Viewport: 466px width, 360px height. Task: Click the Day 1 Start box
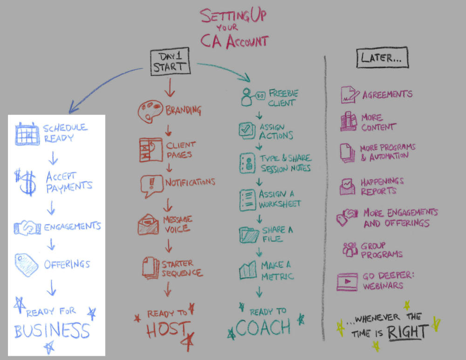(171, 62)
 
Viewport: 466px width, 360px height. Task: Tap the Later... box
(382, 59)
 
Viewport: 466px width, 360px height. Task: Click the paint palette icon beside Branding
(150, 111)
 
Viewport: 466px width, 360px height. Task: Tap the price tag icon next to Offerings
(27, 264)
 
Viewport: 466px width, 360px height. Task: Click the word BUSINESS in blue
(52, 332)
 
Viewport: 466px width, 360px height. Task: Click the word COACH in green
(263, 328)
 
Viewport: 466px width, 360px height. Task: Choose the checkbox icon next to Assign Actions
(247, 130)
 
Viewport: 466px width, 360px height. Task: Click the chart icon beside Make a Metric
(248, 270)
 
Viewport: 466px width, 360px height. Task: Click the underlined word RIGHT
(408, 332)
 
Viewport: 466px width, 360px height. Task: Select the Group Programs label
(381, 250)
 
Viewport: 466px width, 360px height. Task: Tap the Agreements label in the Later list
(388, 95)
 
